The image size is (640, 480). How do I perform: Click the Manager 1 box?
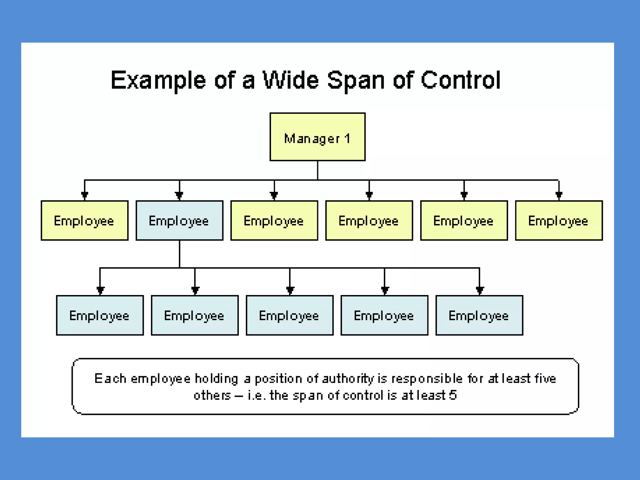pos(317,137)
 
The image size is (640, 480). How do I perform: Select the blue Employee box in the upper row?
pos(179,221)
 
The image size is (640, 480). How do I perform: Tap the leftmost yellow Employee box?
pos(84,221)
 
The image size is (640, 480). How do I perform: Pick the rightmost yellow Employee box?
pos(559,221)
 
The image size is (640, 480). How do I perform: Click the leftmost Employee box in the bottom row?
pos(100,315)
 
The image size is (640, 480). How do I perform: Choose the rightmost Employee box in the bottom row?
pos(479,315)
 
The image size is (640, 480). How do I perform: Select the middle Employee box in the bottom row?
pos(290,315)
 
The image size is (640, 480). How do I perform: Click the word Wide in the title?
pos(291,80)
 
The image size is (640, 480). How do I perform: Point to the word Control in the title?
pos(461,80)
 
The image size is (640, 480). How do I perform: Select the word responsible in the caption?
pos(427,379)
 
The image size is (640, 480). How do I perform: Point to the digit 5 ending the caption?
pos(453,395)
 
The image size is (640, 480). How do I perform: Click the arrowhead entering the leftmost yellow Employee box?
pos(84,196)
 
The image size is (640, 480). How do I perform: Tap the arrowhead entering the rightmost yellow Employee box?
pos(559,196)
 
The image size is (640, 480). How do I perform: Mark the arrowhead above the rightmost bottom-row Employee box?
pos(480,290)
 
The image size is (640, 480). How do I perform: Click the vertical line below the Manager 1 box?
pos(317,170)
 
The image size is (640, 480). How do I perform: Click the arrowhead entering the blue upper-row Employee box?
pos(179,196)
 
